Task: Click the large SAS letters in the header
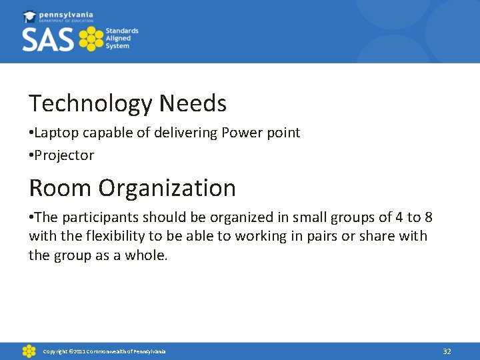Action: [49, 39]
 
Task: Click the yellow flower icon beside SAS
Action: [91, 39]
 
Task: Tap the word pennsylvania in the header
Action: [67, 15]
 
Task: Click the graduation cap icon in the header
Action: [30, 17]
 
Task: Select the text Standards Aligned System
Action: [121, 39]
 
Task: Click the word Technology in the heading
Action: [91, 104]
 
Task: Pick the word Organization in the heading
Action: [167, 188]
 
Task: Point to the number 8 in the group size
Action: [429, 217]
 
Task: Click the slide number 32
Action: [447, 351]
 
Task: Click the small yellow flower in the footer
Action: [29, 351]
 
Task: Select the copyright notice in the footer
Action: [104, 351]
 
